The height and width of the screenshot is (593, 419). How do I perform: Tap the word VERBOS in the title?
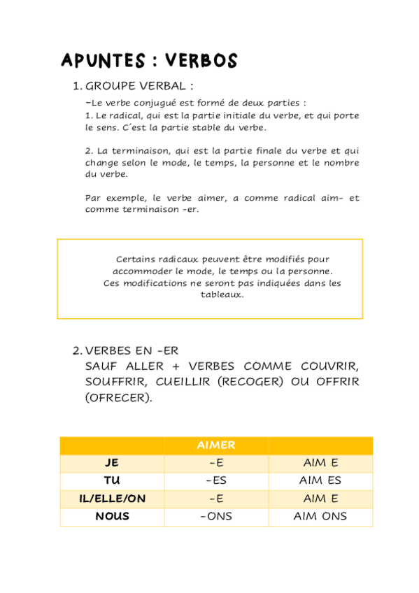point(201,61)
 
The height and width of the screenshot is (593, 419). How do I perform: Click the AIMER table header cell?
point(216,445)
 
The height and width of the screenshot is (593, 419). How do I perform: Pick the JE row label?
point(112,463)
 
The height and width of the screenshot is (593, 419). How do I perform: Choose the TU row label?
point(112,481)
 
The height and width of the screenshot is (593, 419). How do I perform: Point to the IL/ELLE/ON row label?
point(112,499)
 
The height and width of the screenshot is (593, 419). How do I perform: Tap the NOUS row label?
point(112,517)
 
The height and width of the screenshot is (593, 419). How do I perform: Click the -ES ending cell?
point(216,481)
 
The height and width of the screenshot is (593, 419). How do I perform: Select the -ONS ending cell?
point(216,517)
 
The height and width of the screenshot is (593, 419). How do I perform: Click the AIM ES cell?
point(320,481)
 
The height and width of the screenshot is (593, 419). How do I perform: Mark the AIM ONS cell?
point(320,517)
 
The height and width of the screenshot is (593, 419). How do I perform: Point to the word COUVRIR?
point(329,366)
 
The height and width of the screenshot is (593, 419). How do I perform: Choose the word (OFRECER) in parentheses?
point(118,398)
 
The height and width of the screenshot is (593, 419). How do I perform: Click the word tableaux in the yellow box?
point(222,294)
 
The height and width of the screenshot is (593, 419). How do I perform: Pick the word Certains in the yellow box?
point(136,259)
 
